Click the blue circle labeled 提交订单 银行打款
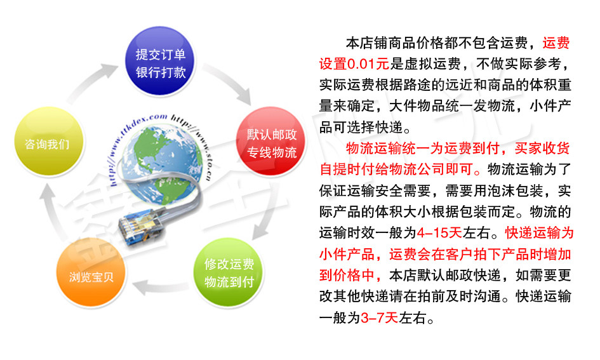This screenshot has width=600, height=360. (x=161, y=61)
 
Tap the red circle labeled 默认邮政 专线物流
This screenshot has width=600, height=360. (x=271, y=142)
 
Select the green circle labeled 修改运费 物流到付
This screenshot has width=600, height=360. (x=229, y=272)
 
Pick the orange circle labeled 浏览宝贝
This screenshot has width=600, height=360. (x=91, y=272)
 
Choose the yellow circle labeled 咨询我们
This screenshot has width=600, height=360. (x=49, y=142)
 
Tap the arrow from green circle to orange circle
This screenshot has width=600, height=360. (x=160, y=288)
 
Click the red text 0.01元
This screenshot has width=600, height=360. (x=368, y=64)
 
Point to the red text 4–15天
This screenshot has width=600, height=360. (x=439, y=232)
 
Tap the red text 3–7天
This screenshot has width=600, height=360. (x=379, y=317)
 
